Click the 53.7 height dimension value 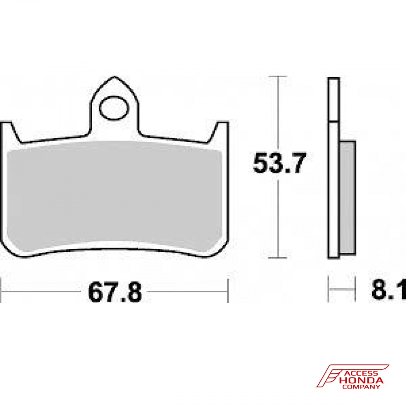[x=278, y=163]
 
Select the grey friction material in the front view [x=115, y=195]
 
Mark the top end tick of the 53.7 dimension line [x=277, y=76]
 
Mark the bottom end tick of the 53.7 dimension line [x=277, y=258]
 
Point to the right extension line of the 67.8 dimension [x=228, y=290]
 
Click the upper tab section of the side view [x=333, y=99]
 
